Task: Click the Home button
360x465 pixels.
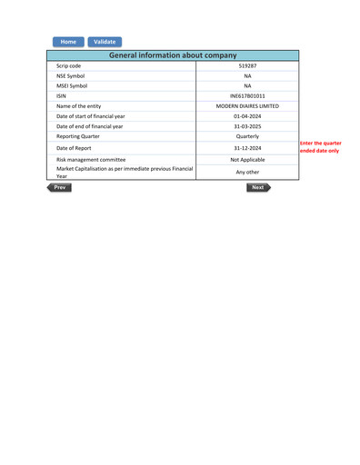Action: click(x=68, y=42)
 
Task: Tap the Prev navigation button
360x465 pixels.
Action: click(x=59, y=187)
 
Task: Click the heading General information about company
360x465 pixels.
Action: click(x=173, y=55)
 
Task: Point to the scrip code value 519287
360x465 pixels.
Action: click(x=247, y=66)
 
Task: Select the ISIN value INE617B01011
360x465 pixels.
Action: click(x=247, y=95)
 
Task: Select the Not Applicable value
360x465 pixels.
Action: click(x=247, y=160)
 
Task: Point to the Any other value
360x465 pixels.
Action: click(x=247, y=172)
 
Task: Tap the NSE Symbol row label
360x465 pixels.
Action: click(x=70, y=76)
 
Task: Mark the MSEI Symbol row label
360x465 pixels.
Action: click(x=72, y=86)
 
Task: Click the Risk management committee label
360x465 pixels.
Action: click(x=91, y=160)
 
